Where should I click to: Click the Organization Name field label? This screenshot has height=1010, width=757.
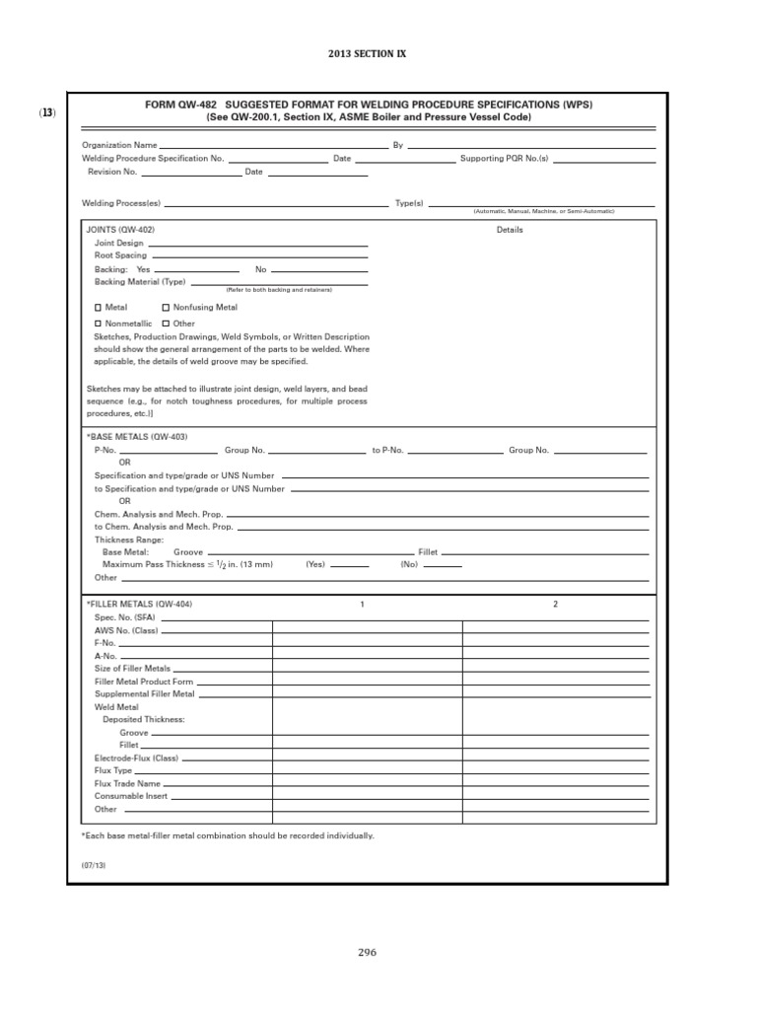(118, 145)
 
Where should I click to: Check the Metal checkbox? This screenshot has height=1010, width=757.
(98, 308)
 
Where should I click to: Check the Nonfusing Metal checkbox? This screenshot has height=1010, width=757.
(166, 308)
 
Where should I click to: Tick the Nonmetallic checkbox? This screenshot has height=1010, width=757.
(98, 324)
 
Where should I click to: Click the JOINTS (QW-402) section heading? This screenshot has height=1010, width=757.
(121, 229)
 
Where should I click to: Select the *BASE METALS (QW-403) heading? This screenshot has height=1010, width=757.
(137, 436)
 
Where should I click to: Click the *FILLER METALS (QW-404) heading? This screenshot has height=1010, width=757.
(139, 604)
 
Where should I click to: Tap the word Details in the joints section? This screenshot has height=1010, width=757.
(510, 230)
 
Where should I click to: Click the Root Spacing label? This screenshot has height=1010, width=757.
(120, 255)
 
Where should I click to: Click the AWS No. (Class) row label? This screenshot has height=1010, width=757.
(126, 629)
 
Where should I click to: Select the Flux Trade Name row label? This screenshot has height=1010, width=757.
(127, 783)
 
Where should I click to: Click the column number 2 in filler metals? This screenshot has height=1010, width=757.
(555, 604)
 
